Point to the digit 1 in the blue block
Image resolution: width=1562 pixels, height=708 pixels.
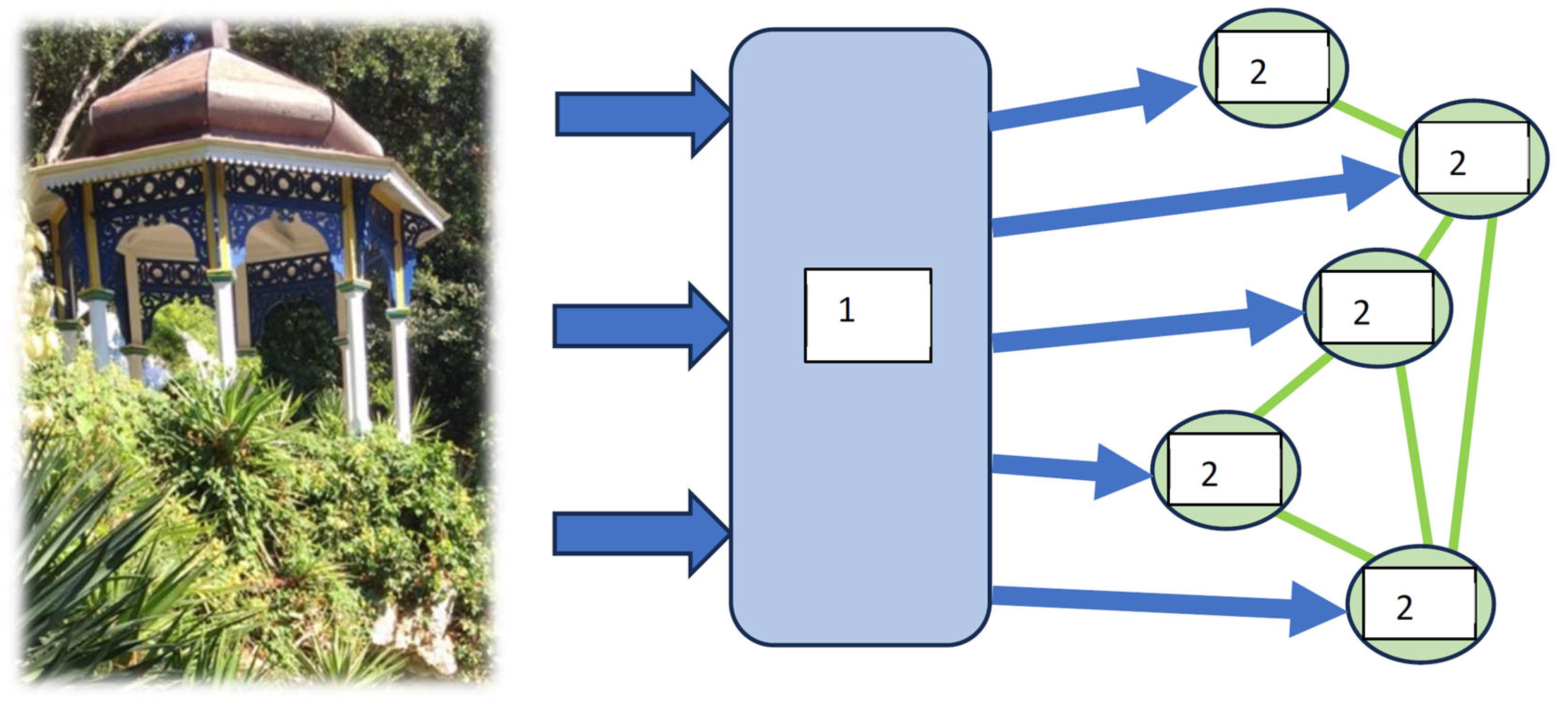click(x=847, y=309)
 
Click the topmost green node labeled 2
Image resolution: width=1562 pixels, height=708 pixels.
click(x=1273, y=68)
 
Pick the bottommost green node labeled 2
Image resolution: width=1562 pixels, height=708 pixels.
click(x=1420, y=604)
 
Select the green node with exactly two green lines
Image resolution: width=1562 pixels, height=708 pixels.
click(x=1225, y=470)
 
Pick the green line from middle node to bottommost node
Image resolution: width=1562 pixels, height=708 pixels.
click(x=1413, y=455)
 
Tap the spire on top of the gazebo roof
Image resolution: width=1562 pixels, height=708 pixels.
click(x=220, y=34)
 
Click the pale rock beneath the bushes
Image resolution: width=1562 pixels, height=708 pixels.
click(x=419, y=631)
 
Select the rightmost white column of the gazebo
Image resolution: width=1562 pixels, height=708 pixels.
click(x=400, y=376)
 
